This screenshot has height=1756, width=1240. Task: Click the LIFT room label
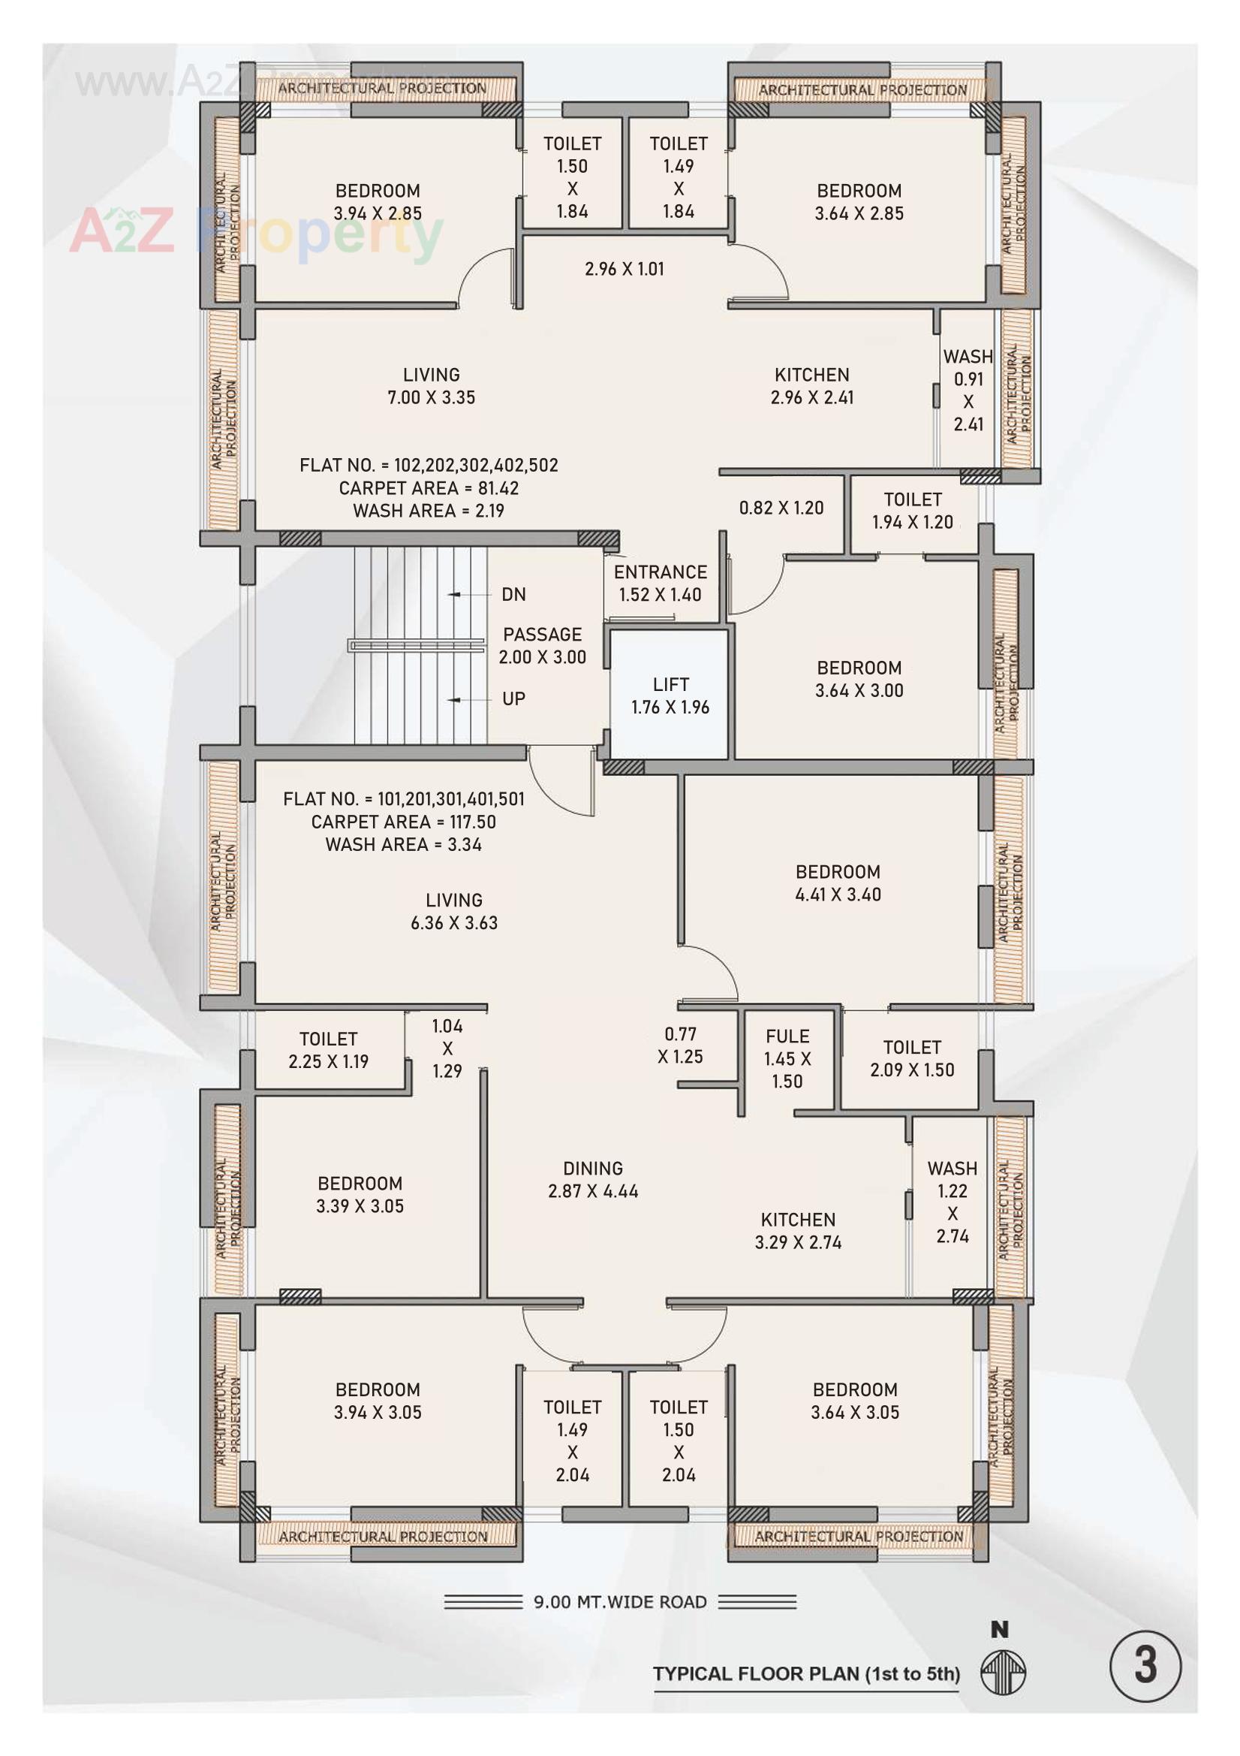coord(670,695)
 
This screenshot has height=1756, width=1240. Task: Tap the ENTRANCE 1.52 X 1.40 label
coord(660,583)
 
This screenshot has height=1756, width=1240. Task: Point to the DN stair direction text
coord(513,594)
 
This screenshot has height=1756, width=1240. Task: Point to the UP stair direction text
coord(513,698)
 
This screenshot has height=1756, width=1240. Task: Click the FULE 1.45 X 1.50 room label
coord(787,1058)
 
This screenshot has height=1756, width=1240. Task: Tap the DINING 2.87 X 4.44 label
coord(592,1179)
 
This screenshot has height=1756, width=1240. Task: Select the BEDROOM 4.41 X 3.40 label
coord(838,883)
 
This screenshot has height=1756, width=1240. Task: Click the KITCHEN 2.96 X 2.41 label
coord(812,385)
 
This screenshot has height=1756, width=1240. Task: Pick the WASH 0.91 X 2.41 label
coord(968,390)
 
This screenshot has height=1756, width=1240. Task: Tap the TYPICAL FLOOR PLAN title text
coord(805,1673)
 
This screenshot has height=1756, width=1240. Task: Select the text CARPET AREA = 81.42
coord(429,488)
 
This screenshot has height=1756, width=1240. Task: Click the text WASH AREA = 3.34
coord(404,844)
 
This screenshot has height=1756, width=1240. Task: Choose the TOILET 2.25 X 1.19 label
coord(329,1049)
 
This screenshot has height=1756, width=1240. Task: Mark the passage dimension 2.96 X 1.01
coord(624,269)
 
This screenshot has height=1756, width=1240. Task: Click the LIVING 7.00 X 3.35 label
coord(431,385)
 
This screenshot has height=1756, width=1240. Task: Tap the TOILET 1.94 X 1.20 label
coord(912,510)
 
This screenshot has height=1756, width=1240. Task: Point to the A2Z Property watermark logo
coord(256,232)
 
